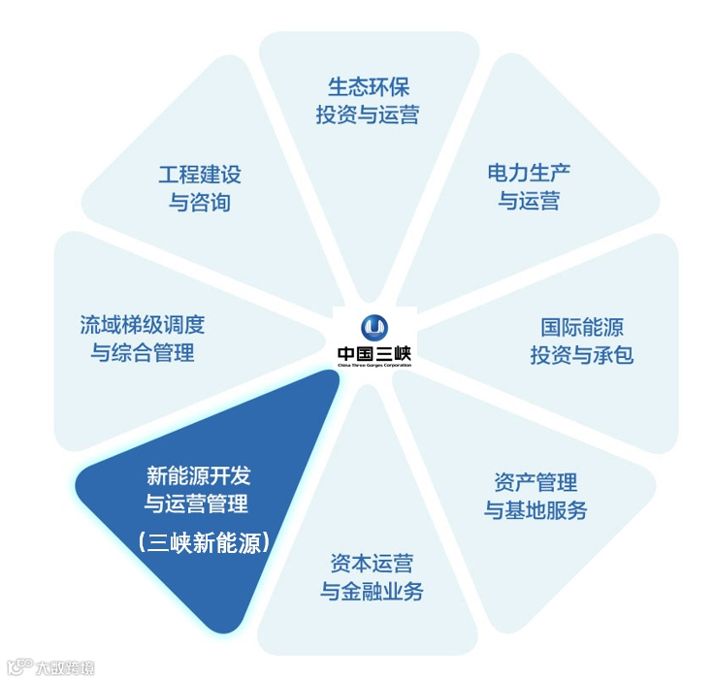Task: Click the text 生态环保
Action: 368,87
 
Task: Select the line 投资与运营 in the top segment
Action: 368,114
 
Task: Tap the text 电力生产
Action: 529,174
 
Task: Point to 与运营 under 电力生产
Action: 529,201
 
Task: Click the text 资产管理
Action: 535,482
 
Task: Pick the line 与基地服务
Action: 535,509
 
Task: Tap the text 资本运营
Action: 372,564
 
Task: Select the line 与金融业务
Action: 372,591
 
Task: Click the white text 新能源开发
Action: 198,476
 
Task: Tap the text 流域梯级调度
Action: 143,325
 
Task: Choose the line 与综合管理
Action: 143,352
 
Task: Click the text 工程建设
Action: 200,175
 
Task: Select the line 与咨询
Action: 200,202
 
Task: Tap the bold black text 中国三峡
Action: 374,354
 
